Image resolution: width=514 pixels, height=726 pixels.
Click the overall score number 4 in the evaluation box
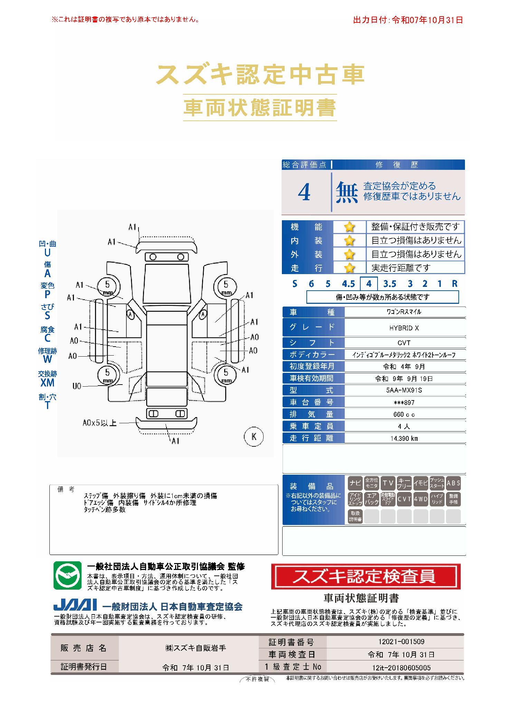(x=304, y=192)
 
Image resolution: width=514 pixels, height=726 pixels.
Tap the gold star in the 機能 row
(x=349, y=227)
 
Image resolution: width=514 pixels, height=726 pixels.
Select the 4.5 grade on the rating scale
(x=348, y=284)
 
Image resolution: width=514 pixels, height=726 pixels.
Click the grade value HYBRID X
(x=404, y=328)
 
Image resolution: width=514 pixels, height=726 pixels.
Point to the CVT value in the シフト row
(x=404, y=343)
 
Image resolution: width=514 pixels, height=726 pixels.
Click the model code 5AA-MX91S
(x=404, y=390)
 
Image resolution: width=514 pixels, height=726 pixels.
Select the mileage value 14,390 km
(x=404, y=438)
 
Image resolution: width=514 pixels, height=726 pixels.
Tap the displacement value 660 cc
(x=404, y=414)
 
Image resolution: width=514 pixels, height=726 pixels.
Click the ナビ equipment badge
(x=355, y=483)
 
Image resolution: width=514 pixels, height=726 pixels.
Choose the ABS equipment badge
(x=453, y=483)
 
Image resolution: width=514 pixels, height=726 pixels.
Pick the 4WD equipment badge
(x=420, y=499)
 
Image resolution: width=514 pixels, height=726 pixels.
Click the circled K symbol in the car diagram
(x=254, y=437)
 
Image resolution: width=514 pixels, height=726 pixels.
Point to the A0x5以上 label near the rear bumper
(x=99, y=423)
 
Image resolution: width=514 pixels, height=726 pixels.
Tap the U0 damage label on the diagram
(x=77, y=386)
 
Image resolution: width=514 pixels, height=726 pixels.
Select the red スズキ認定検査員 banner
(x=366, y=576)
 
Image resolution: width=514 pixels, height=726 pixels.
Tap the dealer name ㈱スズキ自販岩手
(x=196, y=648)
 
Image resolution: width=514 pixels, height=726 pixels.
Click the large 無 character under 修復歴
(x=347, y=192)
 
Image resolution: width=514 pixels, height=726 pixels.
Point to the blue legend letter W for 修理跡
(x=47, y=359)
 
